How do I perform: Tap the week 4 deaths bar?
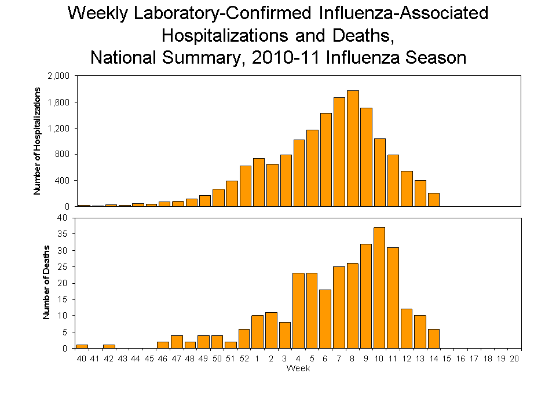[298, 310]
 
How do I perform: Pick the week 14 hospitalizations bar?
[433, 199]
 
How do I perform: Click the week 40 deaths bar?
[82, 346]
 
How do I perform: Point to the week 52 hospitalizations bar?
[246, 186]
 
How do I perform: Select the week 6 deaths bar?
[325, 319]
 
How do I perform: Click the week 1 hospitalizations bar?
[258, 182]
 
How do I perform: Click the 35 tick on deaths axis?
[63, 234]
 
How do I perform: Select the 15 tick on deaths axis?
[63, 299]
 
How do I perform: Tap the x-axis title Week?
[298, 369]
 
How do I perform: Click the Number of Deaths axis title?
[47, 283]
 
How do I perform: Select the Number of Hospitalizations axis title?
[37, 141]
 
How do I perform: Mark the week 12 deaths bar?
[407, 328]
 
